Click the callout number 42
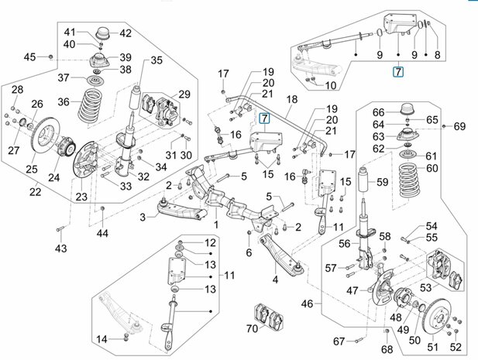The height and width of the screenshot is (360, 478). click(126, 33)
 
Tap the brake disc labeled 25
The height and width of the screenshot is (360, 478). click(46, 136)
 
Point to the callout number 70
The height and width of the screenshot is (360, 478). click(252, 328)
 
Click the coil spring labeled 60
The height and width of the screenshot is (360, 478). click(409, 180)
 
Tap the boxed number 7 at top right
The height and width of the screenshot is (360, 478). click(398, 72)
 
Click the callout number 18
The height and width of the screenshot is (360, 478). click(292, 99)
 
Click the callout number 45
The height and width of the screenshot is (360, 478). click(30, 57)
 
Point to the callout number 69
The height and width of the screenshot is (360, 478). click(459, 126)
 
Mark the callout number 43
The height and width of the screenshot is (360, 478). click(61, 248)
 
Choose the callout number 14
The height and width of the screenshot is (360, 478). click(101, 339)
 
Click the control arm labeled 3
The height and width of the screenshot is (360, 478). click(181, 210)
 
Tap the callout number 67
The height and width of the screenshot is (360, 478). click(339, 341)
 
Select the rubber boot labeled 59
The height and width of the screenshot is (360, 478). click(366, 178)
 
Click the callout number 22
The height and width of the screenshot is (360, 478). click(36, 192)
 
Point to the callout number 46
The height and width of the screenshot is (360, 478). click(307, 303)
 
